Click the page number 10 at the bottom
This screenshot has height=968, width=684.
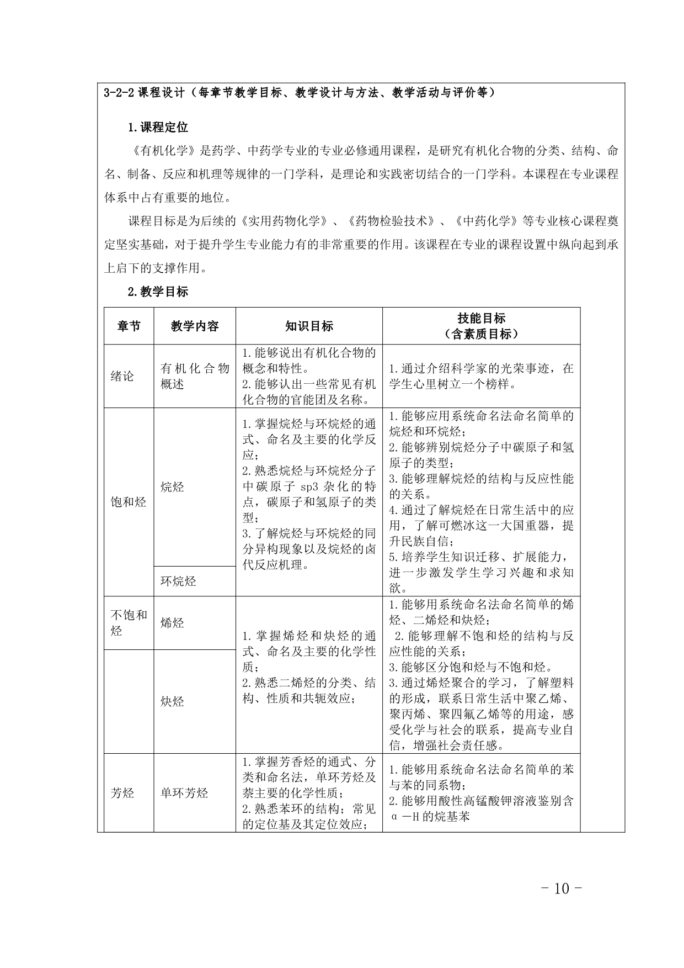pos(561,889)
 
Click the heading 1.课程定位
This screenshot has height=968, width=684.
pos(158,128)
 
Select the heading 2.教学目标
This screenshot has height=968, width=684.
pos(158,292)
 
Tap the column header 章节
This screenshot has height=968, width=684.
pos(129,326)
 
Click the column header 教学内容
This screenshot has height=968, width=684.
pos(195,326)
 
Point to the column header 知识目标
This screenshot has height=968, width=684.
pos(309,326)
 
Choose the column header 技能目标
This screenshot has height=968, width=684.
pos(481,319)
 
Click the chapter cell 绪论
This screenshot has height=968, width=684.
pos(122,377)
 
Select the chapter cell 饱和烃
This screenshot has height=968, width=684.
pos(129,502)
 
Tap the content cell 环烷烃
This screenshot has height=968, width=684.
pos(178,581)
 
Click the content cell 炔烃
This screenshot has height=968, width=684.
pos(172,702)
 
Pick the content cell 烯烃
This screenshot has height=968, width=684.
pos(172,623)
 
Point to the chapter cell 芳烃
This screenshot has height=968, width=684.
pos(122,794)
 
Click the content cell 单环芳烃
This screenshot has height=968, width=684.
pos(184,794)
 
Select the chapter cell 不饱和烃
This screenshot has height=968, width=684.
pos(129,623)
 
